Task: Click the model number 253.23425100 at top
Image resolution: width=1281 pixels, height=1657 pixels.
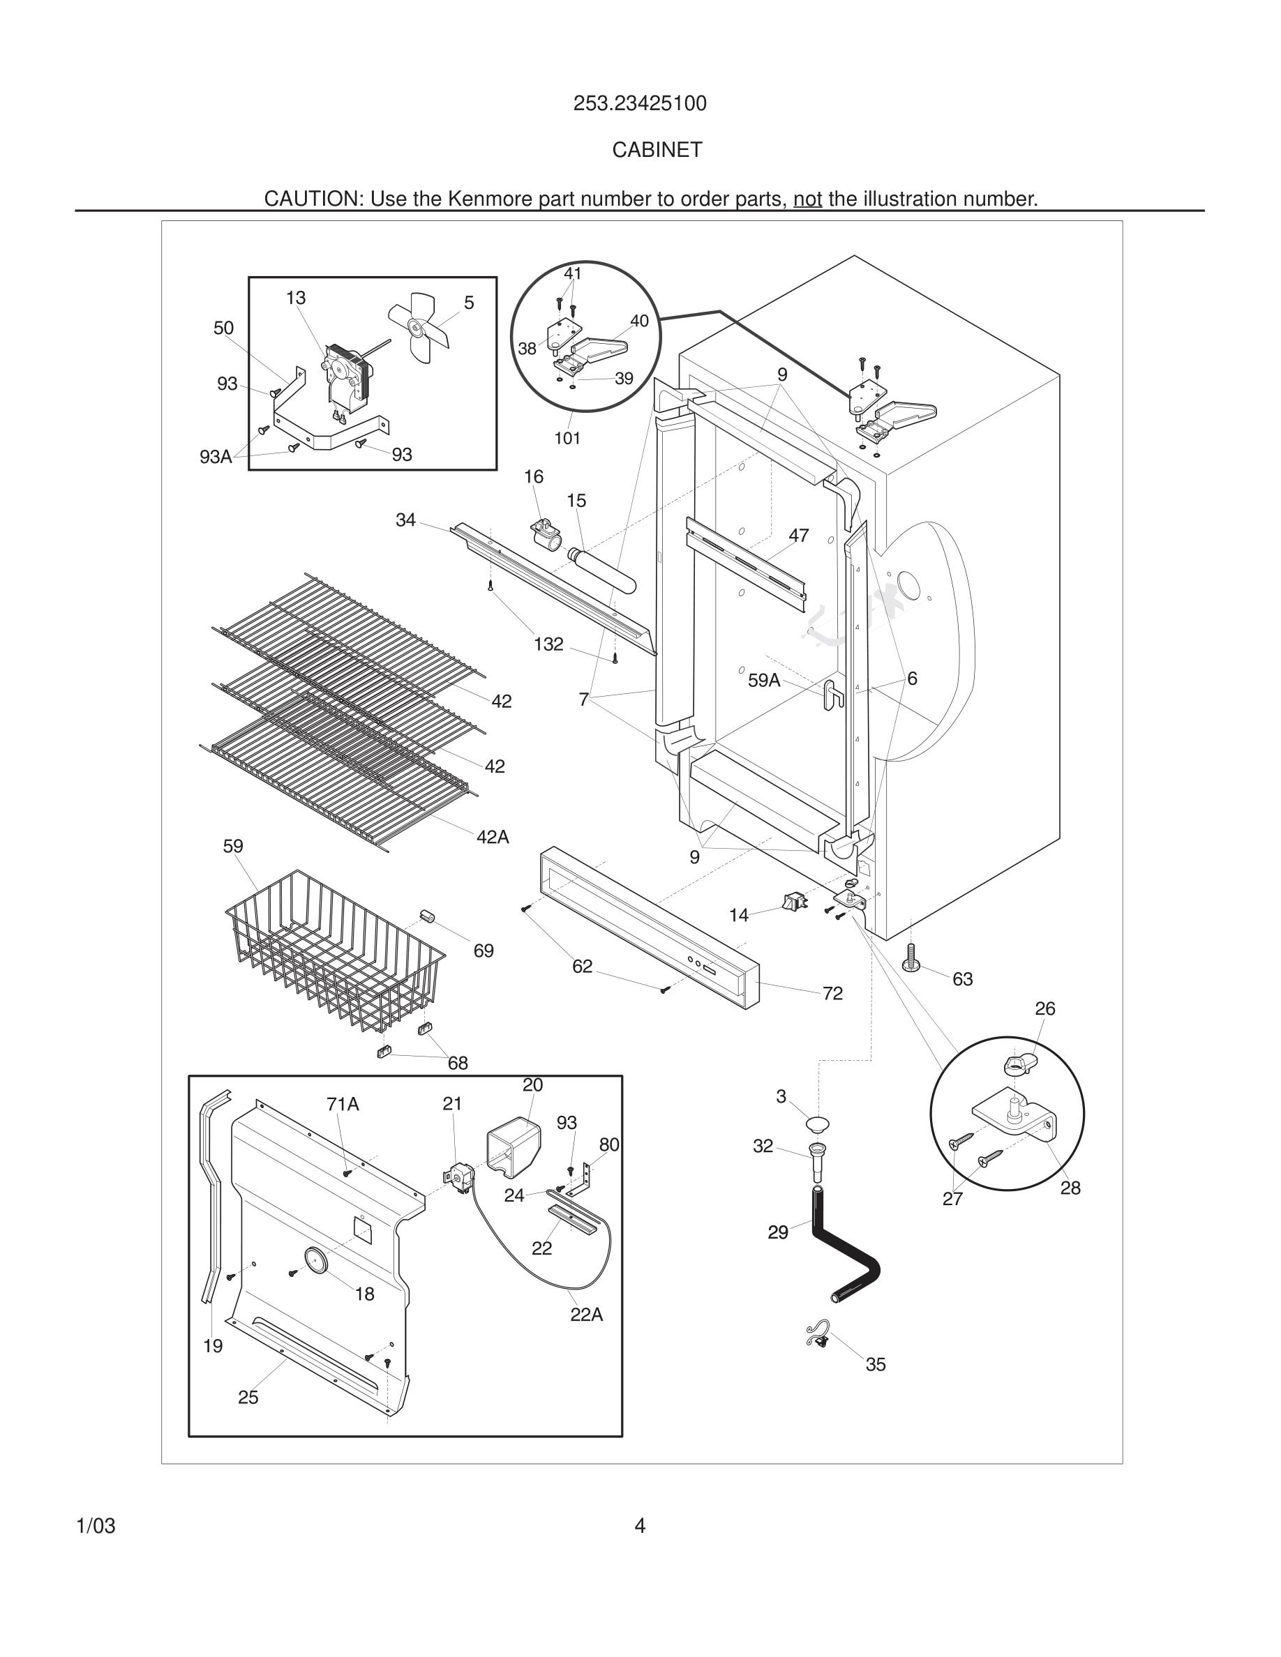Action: click(x=640, y=104)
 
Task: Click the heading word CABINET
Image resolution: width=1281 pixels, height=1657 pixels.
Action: click(x=657, y=150)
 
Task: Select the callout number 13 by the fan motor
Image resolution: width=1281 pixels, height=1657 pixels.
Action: click(x=296, y=298)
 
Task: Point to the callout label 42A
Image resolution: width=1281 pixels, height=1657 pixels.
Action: click(x=493, y=837)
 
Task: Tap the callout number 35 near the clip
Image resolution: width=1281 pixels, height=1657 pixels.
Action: click(x=875, y=1364)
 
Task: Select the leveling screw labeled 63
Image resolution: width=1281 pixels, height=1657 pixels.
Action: click(x=911, y=957)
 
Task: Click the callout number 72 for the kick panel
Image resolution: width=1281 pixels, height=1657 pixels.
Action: click(x=832, y=993)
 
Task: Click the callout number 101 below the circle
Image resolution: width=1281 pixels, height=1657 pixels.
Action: click(x=567, y=438)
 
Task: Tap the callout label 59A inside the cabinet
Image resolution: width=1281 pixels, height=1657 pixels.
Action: click(x=763, y=681)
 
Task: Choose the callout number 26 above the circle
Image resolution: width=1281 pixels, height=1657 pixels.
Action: click(x=1045, y=1008)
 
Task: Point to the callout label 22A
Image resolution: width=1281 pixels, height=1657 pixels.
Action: click(x=587, y=1315)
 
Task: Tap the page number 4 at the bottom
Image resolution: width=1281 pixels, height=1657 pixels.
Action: click(x=640, y=1525)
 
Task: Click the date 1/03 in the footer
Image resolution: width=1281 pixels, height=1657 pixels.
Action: click(x=96, y=1526)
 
